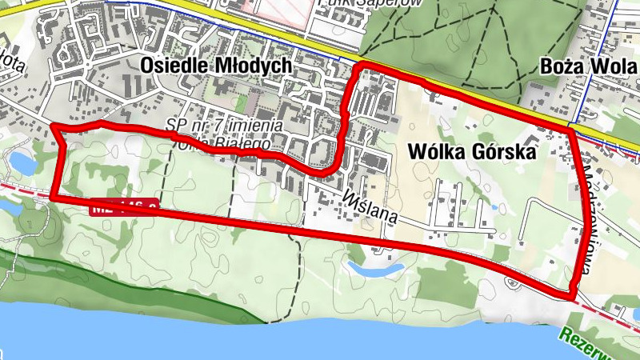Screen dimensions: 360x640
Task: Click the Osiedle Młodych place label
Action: pyautogui.click(x=214, y=66)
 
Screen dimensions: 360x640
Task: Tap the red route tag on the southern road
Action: pyautogui.click(x=123, y=206)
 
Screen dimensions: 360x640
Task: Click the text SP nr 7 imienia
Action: pyautogui.click(x=225, y=126)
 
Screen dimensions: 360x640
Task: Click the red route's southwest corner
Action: pyautogui.click(x=51, y=197)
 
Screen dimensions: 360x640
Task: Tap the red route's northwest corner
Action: pyautogui.click(x=53, y=126)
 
